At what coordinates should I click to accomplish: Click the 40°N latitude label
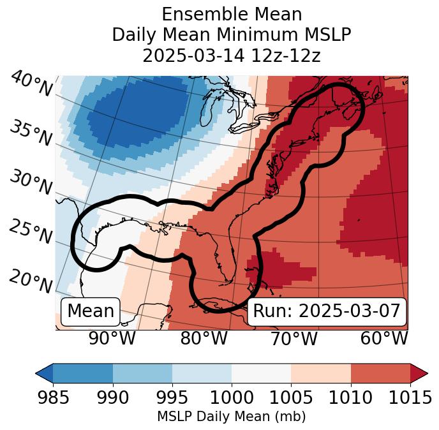pos(31,85)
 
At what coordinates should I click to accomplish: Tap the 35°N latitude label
pos(31,133)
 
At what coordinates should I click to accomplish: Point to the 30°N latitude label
pos(31,182)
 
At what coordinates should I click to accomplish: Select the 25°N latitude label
pos(31,232)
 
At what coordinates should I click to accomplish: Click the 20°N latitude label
pos(31,281)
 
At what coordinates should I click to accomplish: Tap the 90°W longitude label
pos(112,338)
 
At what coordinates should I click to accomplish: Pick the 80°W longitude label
pos(204,338)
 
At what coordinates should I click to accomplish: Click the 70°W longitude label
pos(294,338)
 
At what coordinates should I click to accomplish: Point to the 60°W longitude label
pos(383,338)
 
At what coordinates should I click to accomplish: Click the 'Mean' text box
pos(91,311)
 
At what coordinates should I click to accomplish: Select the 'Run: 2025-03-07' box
pos(327,311)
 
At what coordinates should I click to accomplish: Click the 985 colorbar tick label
pos(53,398)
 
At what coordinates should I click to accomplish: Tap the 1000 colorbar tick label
pos(232,398)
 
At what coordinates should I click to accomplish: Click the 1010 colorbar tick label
pos(350,398)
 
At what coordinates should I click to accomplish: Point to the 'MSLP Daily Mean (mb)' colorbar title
pos(231,417)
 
